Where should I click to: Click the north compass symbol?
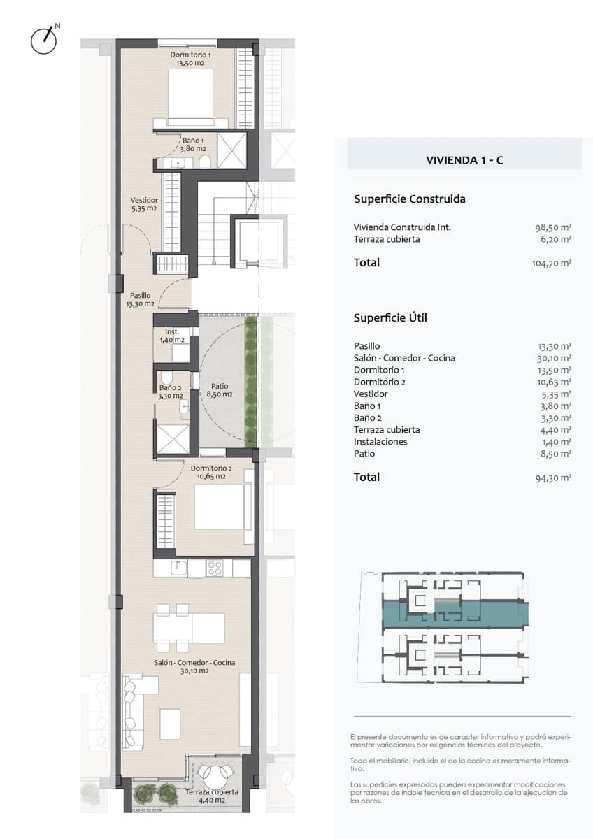click(x=45, y=39)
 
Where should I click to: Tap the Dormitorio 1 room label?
click(x=190, y=59)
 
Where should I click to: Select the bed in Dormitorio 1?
click(x=190, y=96)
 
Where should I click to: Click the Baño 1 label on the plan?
click(x=193, y=145)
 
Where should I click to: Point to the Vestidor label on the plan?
click(x=144, y=204)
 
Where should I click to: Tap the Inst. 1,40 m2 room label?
click(x=172, y=336)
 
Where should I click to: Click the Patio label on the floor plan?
click(x=220, y=390)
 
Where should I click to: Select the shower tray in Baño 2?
click(x=173, y=439)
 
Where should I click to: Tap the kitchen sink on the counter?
click(x=179, y=568)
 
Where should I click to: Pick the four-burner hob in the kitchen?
click(x=215, y=568)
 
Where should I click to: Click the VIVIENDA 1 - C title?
click(x=464, y=160)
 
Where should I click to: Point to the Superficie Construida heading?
click(x=410, y=199)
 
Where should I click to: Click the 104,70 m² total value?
click(x=552, y=263)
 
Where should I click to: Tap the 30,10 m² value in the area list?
click(x=554, y=359)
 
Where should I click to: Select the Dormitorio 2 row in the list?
click(x=462, y=382)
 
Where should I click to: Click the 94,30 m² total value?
click(x=553, y=478)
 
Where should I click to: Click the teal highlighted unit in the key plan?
click(x=455, y=615)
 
